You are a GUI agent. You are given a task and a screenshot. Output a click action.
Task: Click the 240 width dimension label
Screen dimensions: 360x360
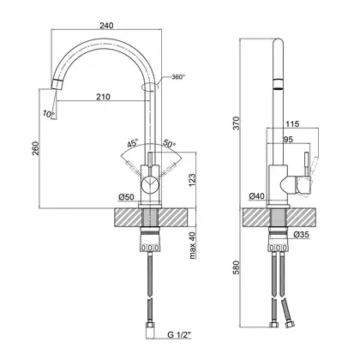106,26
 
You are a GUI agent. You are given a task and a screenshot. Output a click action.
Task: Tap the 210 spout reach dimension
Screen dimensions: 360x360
103,97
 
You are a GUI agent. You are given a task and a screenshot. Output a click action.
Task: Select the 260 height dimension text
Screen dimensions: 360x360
35,148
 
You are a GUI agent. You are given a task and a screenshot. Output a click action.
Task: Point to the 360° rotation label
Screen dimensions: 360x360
178,77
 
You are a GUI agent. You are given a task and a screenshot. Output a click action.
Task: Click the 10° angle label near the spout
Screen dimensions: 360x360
48,113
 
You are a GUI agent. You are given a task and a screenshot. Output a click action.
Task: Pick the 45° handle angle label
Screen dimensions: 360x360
133,143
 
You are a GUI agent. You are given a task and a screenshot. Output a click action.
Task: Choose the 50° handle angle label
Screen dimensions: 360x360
169,143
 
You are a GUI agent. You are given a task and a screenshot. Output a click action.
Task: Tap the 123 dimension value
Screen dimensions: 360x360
192,180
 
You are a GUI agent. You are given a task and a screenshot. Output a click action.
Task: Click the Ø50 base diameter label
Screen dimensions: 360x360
126,197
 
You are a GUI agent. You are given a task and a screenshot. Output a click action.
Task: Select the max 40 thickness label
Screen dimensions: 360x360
192,245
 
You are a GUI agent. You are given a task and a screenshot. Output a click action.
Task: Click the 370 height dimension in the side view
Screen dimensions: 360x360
237,123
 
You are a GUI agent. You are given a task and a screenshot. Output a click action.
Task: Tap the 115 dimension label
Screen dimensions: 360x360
292,123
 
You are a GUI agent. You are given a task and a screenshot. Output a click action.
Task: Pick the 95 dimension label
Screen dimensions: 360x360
288,140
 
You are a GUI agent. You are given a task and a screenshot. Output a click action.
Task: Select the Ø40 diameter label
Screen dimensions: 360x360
256,196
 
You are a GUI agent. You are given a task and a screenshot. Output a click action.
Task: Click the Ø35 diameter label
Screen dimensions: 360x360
301,235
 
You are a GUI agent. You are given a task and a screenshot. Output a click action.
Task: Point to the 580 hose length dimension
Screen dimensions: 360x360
237,267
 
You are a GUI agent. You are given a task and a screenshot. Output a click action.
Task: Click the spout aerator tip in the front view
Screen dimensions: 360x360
57,84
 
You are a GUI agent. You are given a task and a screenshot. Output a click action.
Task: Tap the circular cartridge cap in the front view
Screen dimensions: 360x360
149,183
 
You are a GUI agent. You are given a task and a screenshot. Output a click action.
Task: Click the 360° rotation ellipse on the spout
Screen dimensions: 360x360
150,87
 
